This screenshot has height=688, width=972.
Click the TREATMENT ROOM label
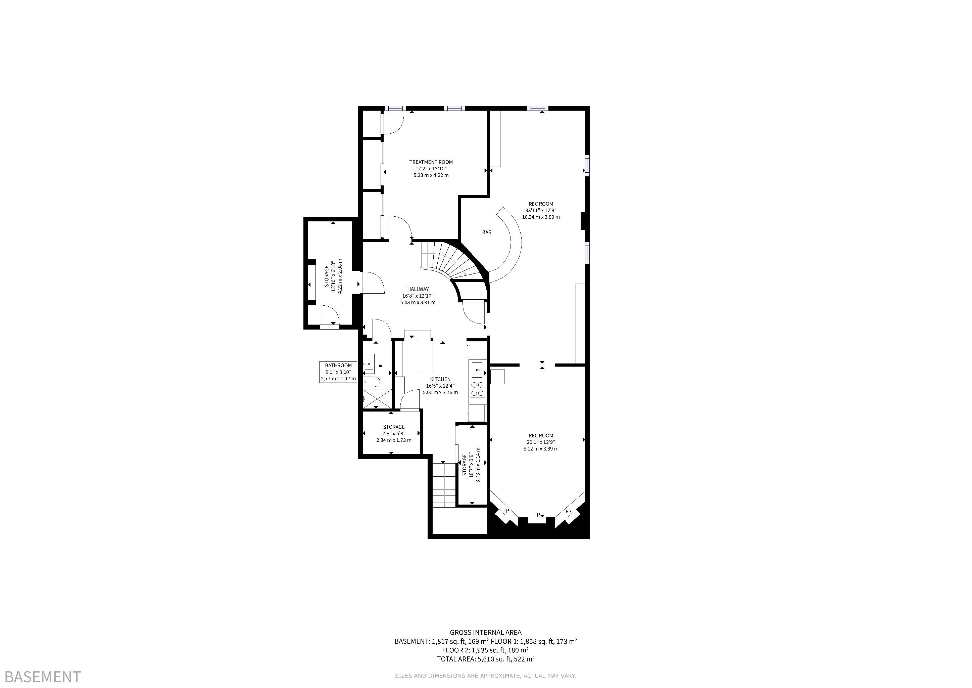pos(431,162)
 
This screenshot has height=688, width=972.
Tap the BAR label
pos(487,232)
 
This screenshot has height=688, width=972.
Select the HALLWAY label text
pos(418,289)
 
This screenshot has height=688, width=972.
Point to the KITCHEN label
pos(440,379)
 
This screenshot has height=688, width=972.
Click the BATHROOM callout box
pos(338,372)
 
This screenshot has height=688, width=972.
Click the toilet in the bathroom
pos(371,382)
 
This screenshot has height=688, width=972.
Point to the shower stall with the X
pos(377,399)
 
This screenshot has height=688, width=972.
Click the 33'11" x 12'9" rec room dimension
pos(541,210)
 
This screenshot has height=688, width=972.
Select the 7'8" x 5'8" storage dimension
pos(394,433)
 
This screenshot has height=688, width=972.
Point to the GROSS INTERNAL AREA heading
pos(486,633)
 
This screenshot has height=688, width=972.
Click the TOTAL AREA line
pos(486,659)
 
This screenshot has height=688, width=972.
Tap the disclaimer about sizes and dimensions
pos(486,676)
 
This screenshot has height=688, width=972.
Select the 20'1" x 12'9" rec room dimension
pos(541,442)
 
